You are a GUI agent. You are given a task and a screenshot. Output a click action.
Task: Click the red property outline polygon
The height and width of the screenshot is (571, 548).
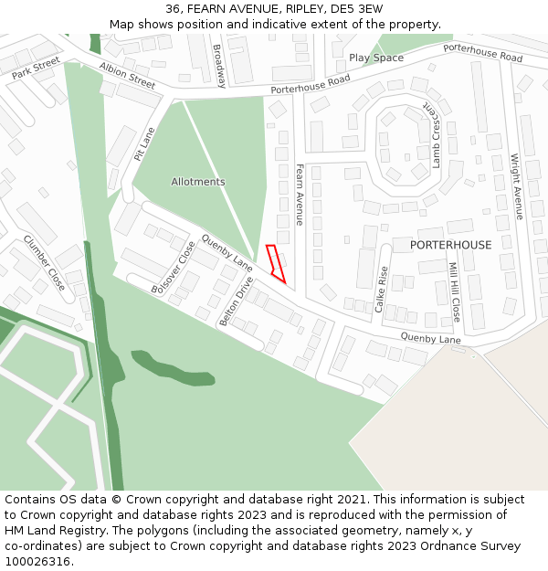click(x=276, y=263)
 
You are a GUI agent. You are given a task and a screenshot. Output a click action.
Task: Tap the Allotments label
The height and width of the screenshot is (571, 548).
click(x=197, y=182)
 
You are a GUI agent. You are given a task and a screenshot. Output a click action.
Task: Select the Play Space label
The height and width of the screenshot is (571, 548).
click(x=375, y=58)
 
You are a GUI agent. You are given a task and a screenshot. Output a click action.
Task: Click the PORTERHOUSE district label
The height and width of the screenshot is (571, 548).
click(x=450, y=245)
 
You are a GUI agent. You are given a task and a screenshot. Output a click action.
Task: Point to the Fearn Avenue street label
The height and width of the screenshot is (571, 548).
click(x=300, y=195)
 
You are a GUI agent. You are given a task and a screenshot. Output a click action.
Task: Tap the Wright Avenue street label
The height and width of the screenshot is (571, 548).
click(x=518, y=186)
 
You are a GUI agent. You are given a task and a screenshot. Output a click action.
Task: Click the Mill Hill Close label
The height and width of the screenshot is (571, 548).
click(x=454, y=292)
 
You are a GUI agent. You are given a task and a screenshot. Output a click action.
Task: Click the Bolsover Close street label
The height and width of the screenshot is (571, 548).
click(x=174, y=267)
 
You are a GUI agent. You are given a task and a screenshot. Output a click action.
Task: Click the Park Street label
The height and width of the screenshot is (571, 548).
click(x=36, y=67)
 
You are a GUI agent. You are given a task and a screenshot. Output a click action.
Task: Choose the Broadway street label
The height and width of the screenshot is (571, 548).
click(x=218, y=59)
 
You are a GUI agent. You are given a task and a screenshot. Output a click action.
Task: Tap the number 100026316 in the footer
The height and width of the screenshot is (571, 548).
click(x=38, y=561)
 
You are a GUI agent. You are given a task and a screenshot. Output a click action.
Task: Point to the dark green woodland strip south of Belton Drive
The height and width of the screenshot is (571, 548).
click(x=174, y=367)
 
